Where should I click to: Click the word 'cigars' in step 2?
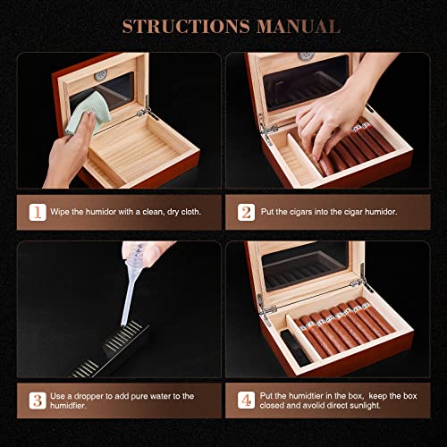pos(316,213)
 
